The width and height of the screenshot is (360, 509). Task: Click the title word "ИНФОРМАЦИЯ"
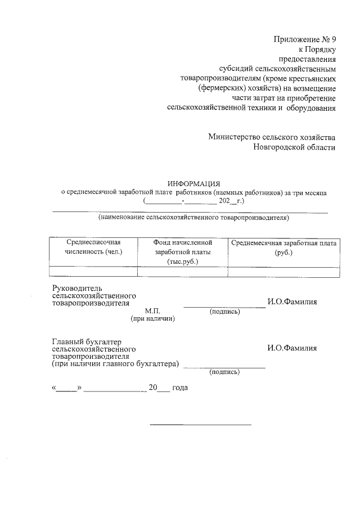193,183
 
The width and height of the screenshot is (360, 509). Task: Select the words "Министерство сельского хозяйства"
272,137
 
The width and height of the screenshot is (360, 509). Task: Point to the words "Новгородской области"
294,147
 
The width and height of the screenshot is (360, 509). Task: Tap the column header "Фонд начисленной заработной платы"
183,251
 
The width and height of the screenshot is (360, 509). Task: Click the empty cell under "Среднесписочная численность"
93,271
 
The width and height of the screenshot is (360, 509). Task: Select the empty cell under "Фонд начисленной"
183,271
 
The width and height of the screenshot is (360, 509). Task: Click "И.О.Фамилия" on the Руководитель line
292,302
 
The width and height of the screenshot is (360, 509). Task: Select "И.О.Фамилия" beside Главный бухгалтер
292,348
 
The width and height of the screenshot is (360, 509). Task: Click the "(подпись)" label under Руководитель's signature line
224,311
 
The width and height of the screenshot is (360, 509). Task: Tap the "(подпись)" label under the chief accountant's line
224,372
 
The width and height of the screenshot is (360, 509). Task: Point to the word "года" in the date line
180,388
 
